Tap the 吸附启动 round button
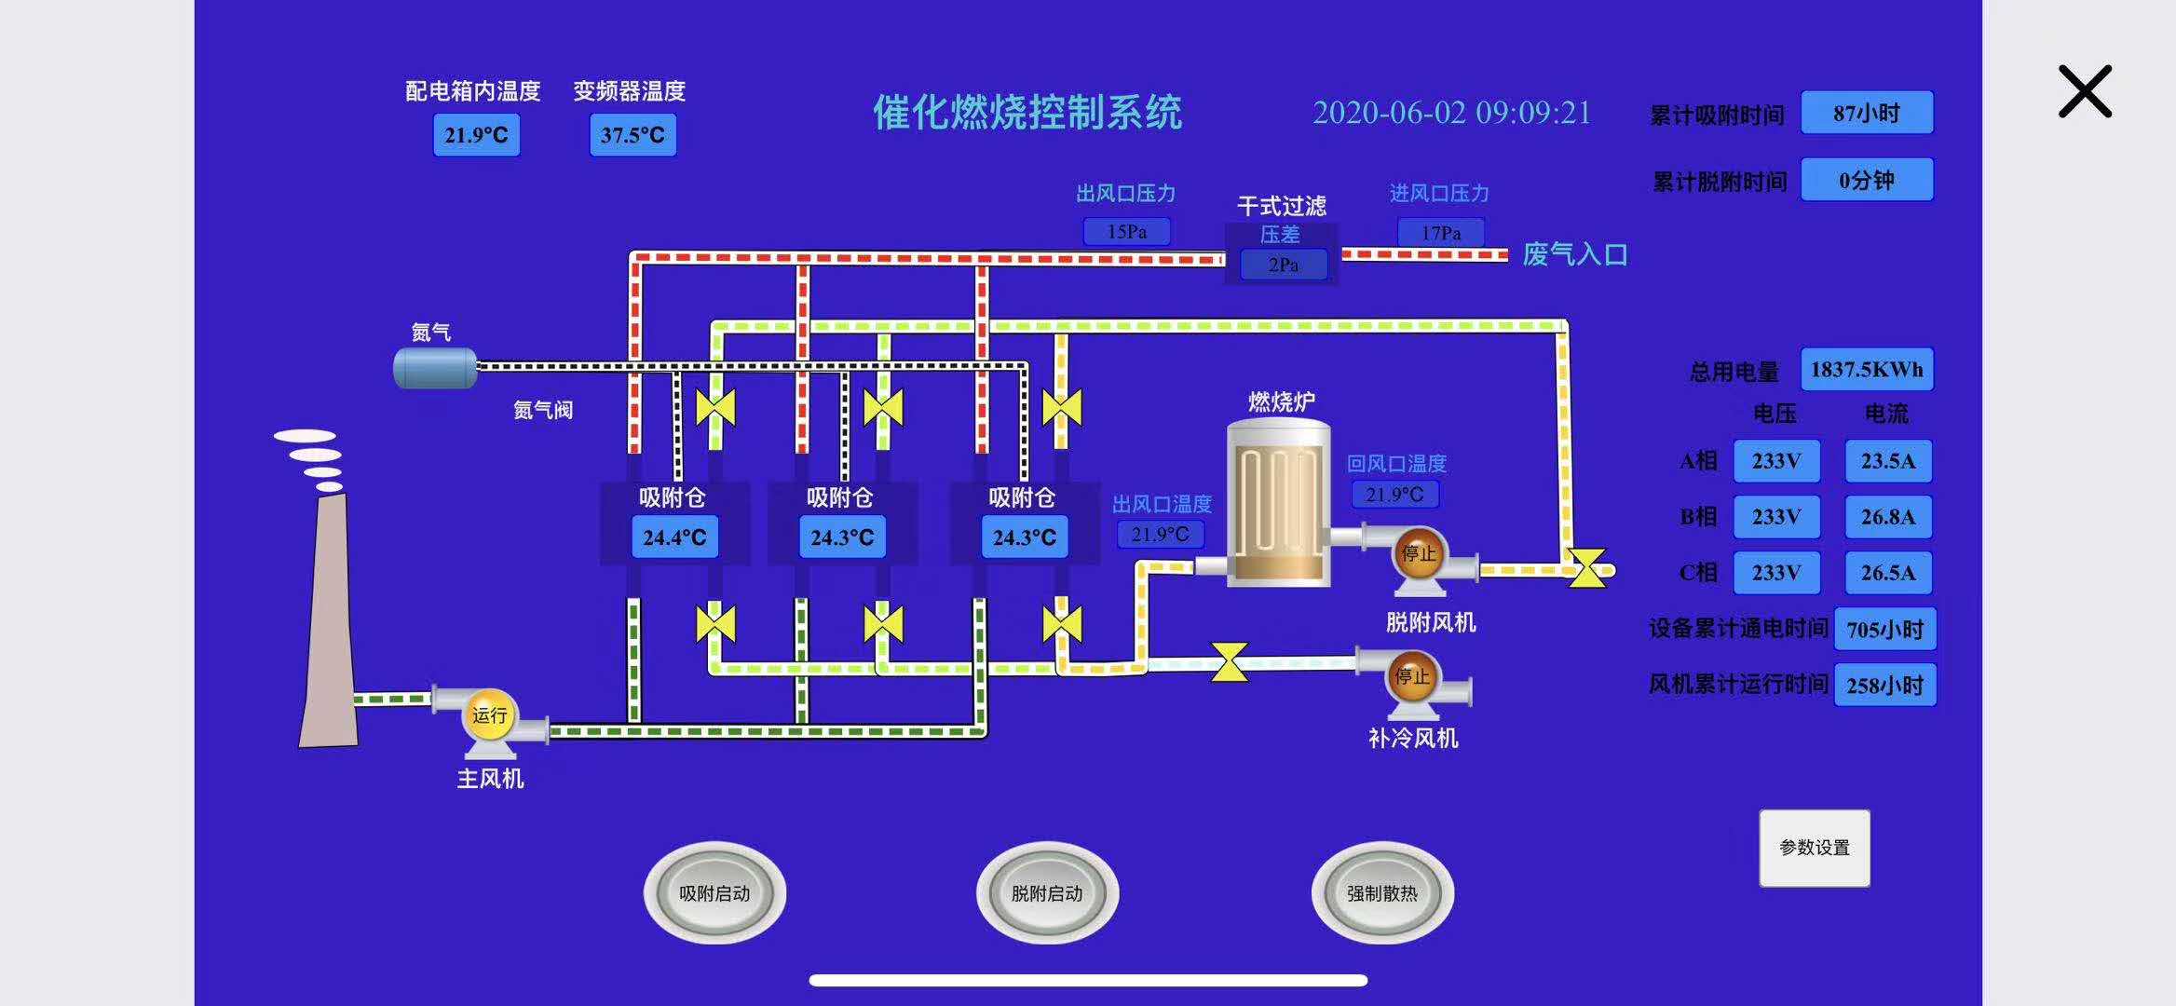coord(714,893)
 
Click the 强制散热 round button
coord(1382,893)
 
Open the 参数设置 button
coord(1814,848)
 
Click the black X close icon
coord(2085,91)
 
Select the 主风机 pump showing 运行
coord(489,715)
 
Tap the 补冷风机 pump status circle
coord(1411,677)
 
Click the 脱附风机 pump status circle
coord(1418,554)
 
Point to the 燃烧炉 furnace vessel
coord(1278,503)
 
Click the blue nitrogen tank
coord(435,367)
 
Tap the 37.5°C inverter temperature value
coord(632,135)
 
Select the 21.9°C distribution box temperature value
coord(476,135)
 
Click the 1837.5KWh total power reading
coord(1866,370)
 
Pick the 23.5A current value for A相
coord(1888,461)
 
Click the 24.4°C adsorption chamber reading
coord(674,537)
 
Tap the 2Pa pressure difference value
coord(1283,265)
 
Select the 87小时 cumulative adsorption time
coord(1866,114)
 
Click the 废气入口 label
coord(1574,254)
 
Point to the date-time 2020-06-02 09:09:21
coord(1451,113)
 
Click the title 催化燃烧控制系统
coord(1027,113)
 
